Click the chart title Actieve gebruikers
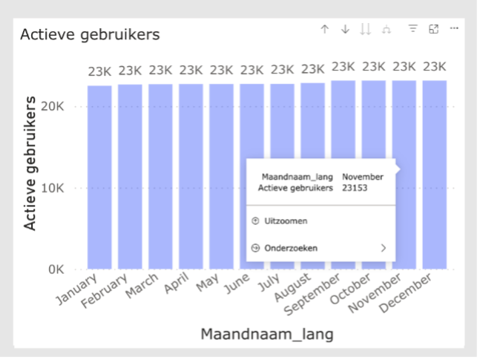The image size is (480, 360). [89, 35]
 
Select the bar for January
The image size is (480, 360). [99, 178]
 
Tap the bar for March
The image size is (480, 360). [160, 178]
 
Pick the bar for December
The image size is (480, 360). [435, 178]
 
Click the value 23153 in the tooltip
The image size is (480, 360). [355, 189]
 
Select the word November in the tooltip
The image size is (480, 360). [362, 177]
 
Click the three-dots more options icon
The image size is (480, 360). [454, 29]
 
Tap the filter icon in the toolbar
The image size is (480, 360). [412, 29]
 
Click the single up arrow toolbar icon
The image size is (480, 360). [324, 29]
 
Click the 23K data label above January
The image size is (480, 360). [99, 72]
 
